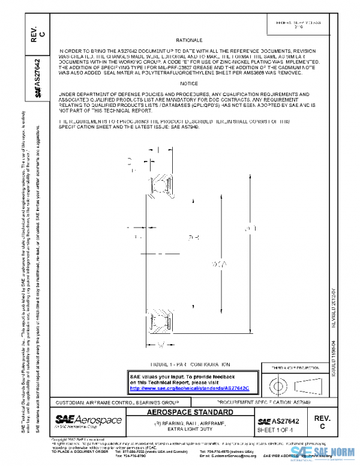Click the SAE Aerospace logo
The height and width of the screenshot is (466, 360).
click(x=88, y=421)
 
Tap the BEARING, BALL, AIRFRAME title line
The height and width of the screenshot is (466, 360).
click(x=190, y=423)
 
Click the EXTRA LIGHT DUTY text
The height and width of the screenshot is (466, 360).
click(x=190, y=431)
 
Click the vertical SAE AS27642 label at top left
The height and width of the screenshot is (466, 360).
click(x=37, y=79)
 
